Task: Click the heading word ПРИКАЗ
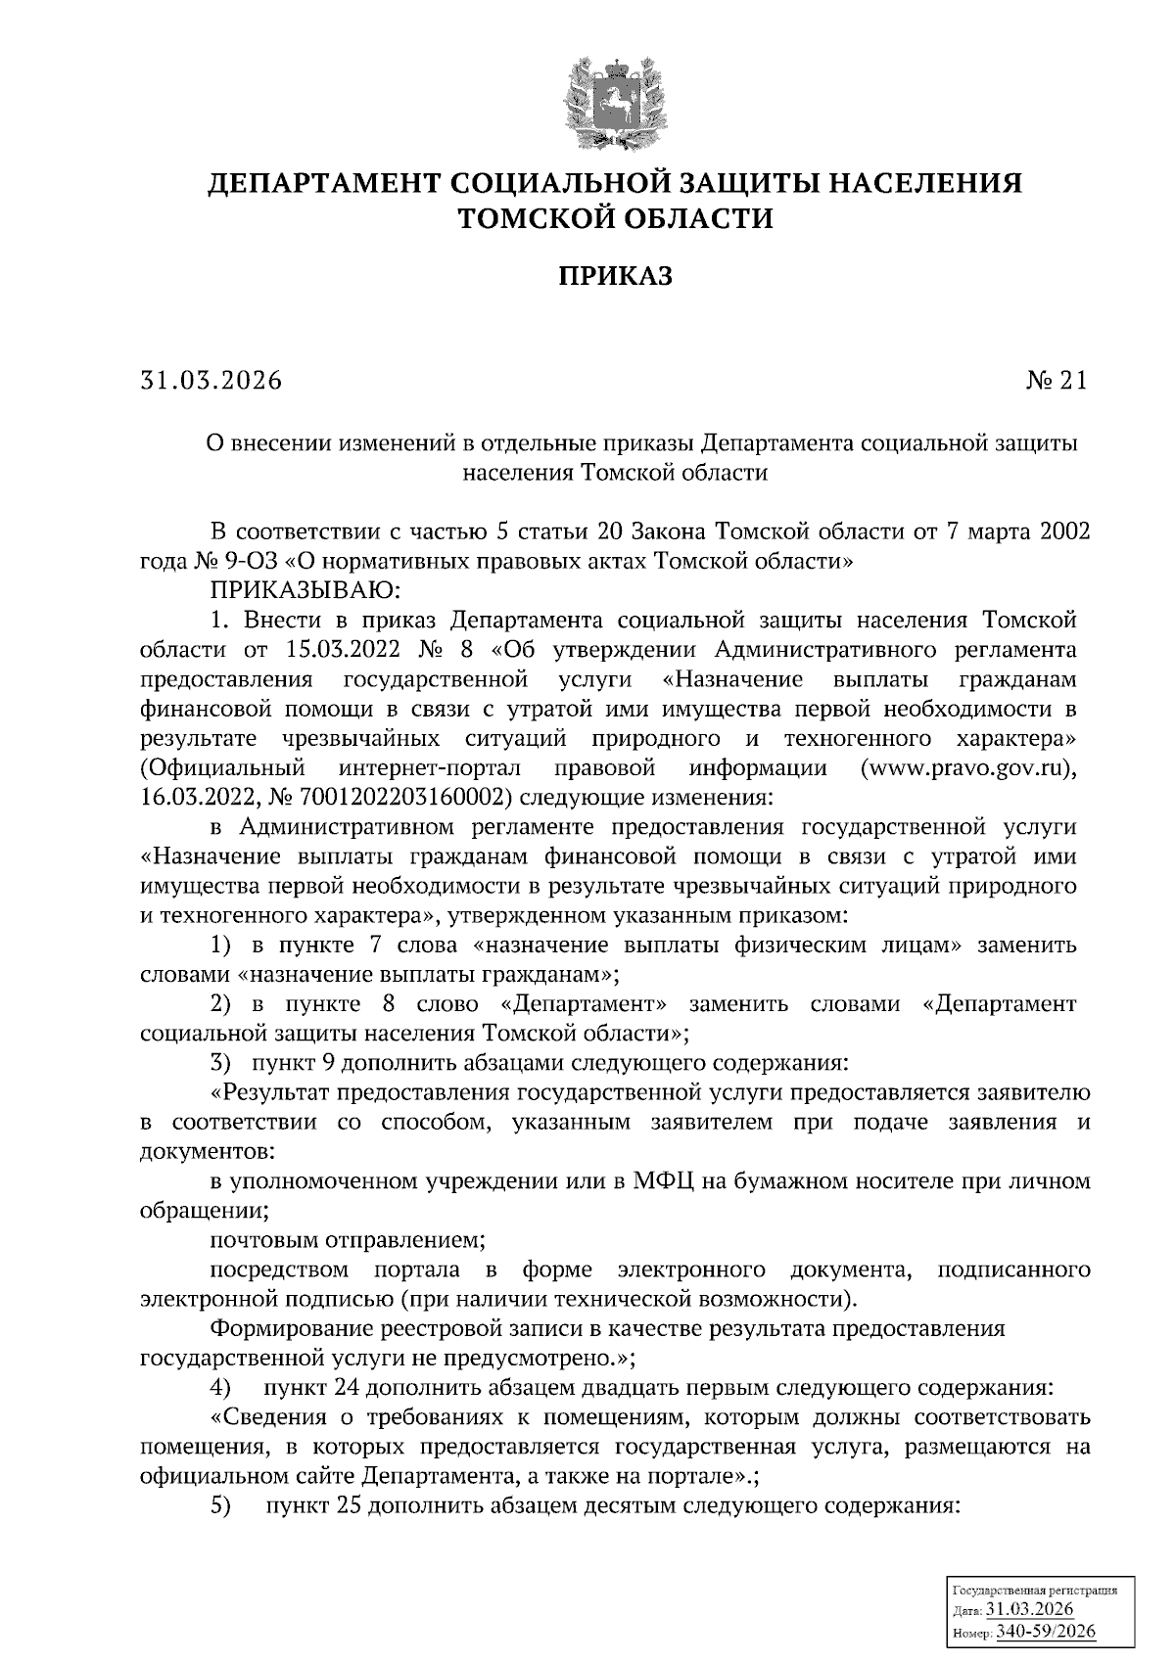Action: (x=616, y=277)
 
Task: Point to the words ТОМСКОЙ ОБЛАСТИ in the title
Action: (x=616, y=217)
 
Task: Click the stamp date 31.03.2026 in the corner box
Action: (x=1029, y=1610)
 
